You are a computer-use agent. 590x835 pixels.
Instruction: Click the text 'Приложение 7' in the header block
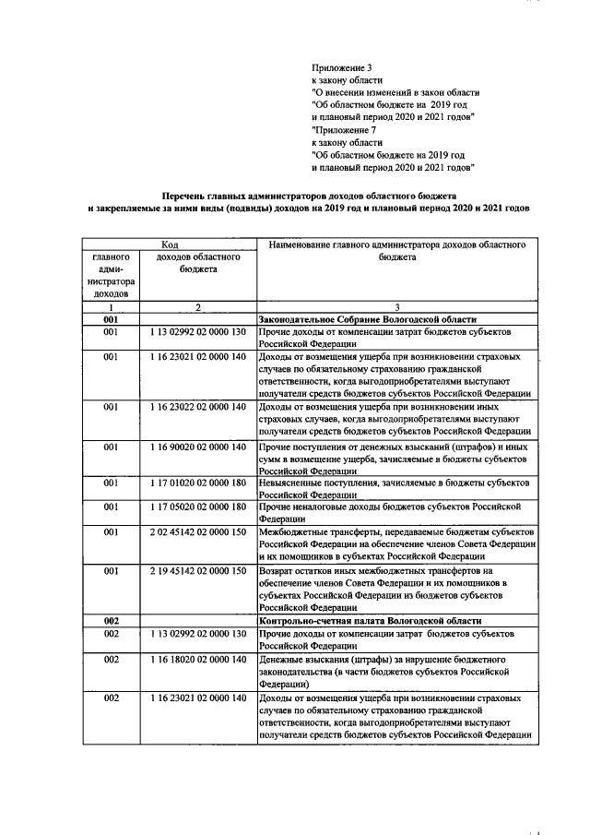click(343, 130)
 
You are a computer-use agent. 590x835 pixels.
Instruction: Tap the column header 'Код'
click(170, 244)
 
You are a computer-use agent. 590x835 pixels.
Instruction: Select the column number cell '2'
click(196, 305)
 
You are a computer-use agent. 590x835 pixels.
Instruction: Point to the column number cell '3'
click(395, 305)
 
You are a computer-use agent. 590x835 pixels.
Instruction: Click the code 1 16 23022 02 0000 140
click(196, 407)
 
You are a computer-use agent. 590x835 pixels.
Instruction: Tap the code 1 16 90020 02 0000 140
click(196, 447)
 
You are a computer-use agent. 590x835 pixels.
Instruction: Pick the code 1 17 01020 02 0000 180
click(196, 483)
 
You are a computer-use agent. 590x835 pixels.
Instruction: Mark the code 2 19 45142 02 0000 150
click(196, 571)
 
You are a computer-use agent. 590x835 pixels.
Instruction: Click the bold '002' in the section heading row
click(111, 621)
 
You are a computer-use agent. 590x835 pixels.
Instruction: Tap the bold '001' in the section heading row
click(111, 318)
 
